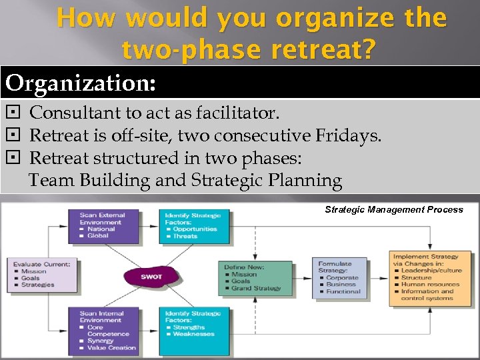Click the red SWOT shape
(x=151, y=276)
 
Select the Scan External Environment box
(x=103, y=225)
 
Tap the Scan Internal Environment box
(x=103, y=330)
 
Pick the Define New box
(x=256, y=277)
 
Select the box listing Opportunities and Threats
(x=193, y=225)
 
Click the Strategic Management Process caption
(x=393, y=209)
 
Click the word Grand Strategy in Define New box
(x=257, y=289)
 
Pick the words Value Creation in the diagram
(x=112, y=347)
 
